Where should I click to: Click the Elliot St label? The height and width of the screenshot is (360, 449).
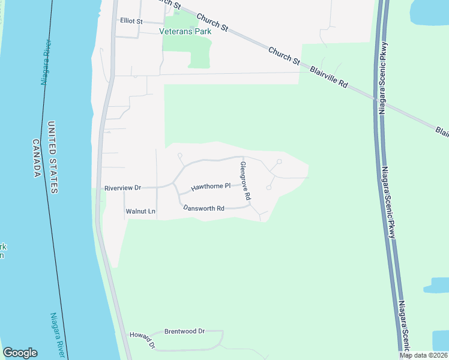click(131, 21)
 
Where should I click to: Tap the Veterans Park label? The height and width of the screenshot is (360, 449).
click(185, 31)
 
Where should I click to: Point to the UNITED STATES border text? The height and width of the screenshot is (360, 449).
click(53, 157)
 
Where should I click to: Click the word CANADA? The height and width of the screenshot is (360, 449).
click(36, 158)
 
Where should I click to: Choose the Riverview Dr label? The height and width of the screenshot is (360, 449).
click(122, 188)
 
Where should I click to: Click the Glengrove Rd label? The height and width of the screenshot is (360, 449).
click(244, 181)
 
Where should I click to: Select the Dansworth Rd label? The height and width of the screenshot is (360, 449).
click(203, 209)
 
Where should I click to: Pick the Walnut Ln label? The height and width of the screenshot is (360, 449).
click(140, 211)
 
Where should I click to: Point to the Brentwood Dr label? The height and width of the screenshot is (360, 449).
click(184, 331)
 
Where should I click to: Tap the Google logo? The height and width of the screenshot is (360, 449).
click(20, 353)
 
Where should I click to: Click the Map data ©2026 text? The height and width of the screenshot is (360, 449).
click(423, 355)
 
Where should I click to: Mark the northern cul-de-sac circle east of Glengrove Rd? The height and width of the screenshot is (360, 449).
click(279, 161)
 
